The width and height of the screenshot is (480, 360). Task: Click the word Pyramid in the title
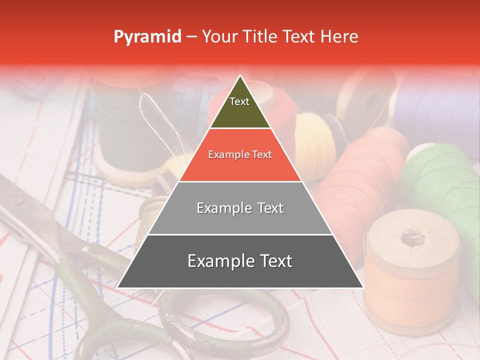(x=147, y=37)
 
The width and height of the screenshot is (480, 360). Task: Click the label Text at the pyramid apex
(x=239, y=101)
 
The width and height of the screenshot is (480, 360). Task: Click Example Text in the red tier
(x=240, y=155)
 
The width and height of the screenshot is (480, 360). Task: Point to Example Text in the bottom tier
(x=240, y=261)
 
